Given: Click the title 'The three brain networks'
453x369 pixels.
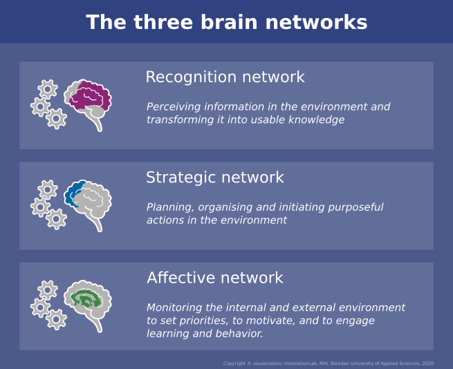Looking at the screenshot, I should pyautogui.click(x=226, y=22).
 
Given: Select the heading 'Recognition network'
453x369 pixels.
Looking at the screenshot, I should pyautogui.click(x=225, y=77).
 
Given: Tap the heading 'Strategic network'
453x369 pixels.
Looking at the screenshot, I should pyautogui.click(x=214, y=178).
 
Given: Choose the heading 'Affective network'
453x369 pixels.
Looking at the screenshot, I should pyautogui.click(x=214, y=278).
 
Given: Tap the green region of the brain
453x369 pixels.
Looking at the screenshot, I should pyautogui.click(x=86, y=299).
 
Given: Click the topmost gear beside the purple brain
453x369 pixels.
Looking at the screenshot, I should pyautogui.click(x=48, y=88).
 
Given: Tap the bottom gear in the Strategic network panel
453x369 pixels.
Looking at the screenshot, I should pyautogui.click(x=57, y=219).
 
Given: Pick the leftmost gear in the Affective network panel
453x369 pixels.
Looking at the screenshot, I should pyautogui.click(x=40, y=307).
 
